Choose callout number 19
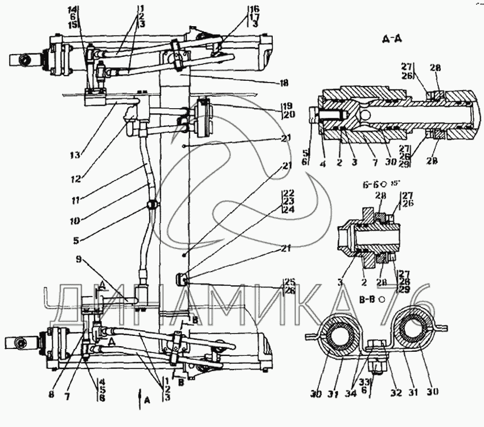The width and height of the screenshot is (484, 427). pos(286,106)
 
